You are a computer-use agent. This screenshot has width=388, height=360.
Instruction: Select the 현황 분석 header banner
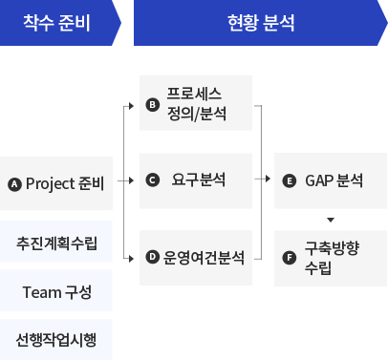[x=261, y=22]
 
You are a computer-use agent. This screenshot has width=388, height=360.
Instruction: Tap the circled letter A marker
[x=13, y=183]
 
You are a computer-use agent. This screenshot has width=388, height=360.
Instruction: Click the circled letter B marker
[x=152, y=105]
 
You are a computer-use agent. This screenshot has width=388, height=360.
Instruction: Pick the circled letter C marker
[x=152, y=180]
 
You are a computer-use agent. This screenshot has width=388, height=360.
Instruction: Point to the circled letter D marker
[x=152, y=257]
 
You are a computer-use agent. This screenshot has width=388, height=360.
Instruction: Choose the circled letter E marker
[x=290, y=180]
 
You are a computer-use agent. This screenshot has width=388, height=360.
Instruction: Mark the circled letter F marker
[x=290, y=257]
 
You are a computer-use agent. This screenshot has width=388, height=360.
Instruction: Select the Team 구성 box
[x=56, y=291]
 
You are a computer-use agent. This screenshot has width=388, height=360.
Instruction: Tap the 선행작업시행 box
[x=56, y=339]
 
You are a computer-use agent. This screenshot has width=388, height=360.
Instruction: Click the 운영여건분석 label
[x=203, y=257]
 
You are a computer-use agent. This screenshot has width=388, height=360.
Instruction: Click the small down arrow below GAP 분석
[x=330, y=221]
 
